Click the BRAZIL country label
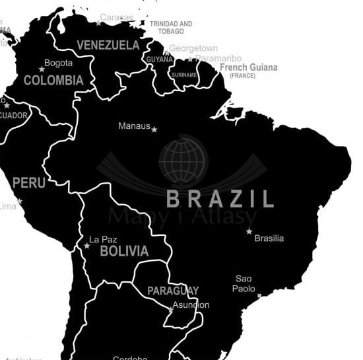coord(220,199)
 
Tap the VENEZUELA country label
coord(108,45)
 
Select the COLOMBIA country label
coord(53,81)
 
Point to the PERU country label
coord(29,182)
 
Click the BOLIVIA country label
coord(124,251)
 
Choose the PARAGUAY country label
coord(173,291)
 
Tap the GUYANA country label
coord(159,59)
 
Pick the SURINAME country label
coord(184,75)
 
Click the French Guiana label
coord(248,68)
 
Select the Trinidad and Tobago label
coord(171,27)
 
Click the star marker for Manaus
coord(154,129)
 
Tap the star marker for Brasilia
coord(249,231)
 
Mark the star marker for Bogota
coord(42,69)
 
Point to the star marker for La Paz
coord(86,246)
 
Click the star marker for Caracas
coord(98,22)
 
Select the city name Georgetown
coord(193,48)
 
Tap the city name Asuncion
coord(191,305)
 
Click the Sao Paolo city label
coord(244,283)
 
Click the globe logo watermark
coord(183,160)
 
